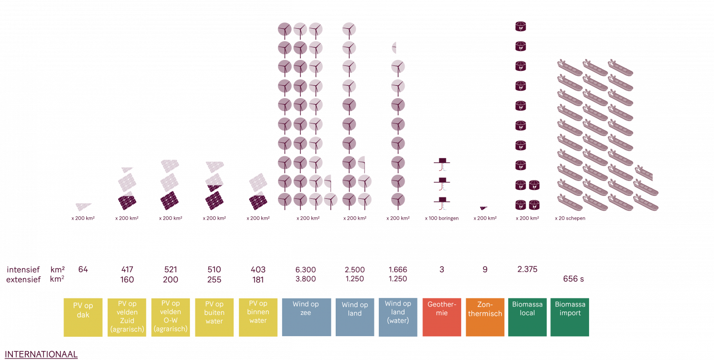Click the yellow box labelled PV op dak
[83, 317]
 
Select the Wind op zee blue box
[306, 317]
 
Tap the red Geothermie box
[441, 317]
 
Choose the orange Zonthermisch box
[485, 317]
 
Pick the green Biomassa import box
[570, 317]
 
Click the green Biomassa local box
[527, 317]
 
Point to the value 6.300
[305, 270]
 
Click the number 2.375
[527, 270]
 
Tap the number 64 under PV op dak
[83, 270]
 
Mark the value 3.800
[305, 279]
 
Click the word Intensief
[23, 270]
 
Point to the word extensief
[23, 280]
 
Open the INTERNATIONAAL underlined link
[41, 354]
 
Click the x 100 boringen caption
[441, 218]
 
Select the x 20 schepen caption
[570, 218]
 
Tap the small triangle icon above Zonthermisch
[483, 208]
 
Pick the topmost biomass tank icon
[521, 26]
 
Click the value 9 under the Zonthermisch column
[485, 270]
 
